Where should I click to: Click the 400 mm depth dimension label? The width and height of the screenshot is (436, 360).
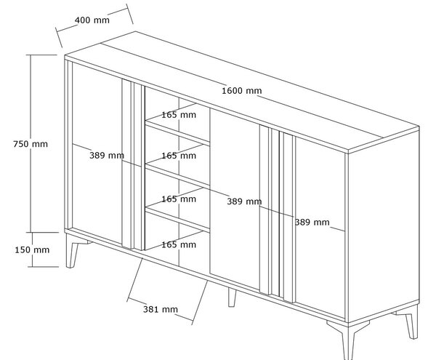[x=92, y=20]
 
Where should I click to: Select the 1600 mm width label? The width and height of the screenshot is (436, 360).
[x=242, y=91]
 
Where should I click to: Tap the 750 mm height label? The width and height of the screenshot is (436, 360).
[x=31, y=144]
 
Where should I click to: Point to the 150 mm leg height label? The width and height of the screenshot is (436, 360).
[x=32, y=250]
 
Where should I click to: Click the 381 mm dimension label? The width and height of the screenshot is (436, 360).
[x=161, y=309]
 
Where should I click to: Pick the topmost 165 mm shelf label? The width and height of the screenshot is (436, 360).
[x=179, y=115]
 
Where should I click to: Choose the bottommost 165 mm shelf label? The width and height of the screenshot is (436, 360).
[x=179, y=244]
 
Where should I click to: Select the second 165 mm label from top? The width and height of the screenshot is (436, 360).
[x=179, y=156]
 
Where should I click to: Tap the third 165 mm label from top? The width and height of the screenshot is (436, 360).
[x=179, y=199]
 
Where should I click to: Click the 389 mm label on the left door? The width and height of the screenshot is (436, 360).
[x=107, y=155]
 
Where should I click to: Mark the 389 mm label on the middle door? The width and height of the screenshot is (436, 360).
[x=244, y=201]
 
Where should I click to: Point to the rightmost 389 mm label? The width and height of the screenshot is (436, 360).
[x=312, y=222]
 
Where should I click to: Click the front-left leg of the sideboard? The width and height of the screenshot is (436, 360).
[x=73, y=251]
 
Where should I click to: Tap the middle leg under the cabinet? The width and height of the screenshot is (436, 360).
[x=233, y=297]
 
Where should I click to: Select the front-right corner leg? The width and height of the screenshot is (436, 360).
[x=348, y=338]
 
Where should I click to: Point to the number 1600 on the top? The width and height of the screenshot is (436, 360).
[x=233, y=91]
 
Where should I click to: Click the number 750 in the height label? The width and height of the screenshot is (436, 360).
[x=21, y=144]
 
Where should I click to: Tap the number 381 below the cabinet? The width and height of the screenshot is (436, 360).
[x=151, y=309]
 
